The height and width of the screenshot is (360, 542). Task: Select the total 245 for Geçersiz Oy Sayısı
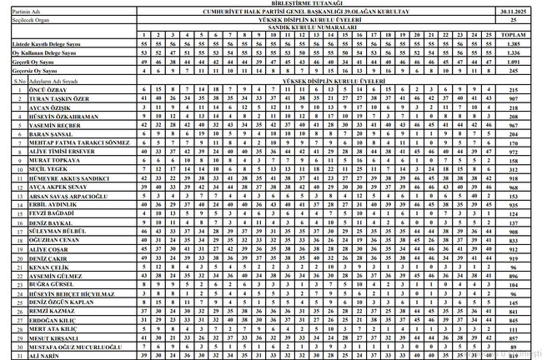(x=512, y=72)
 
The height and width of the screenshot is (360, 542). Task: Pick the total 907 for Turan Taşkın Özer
(x=512, y=98)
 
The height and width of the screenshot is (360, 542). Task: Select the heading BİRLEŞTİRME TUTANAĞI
(x=272, y=3)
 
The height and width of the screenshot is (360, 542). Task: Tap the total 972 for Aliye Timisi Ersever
(x=512, y=152)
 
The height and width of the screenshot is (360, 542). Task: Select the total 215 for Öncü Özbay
(x=512, y=89)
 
